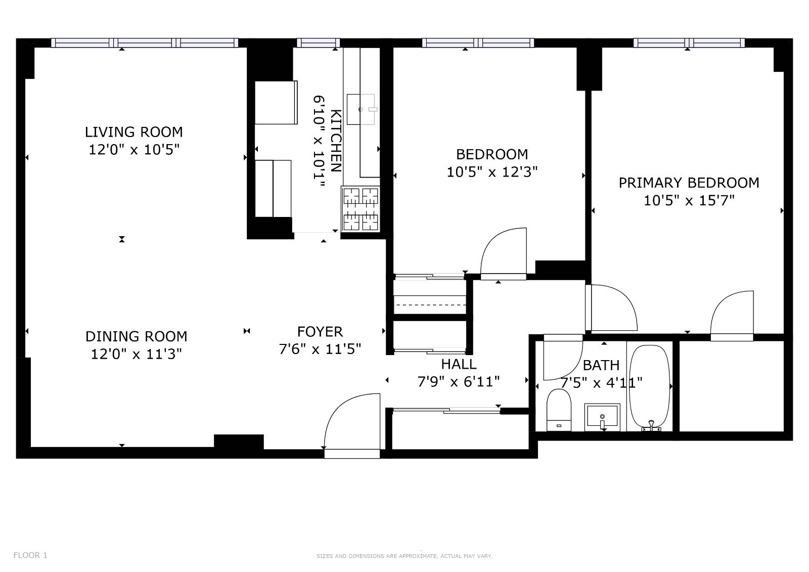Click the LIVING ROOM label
click(133, 132)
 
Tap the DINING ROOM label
click(136, 337)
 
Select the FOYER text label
click(320, 332)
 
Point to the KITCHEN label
click(336, 141)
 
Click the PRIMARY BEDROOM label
click(689, 183)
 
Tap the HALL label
click(459, 364)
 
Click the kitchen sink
click(361, 109)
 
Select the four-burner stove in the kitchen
click(361, 209)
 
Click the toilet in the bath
click(559, 410)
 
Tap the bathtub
click(649, 388)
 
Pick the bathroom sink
click(602, 417)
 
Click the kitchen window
click(318, 43)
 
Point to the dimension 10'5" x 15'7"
click(689, 201)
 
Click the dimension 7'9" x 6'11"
click(458, 382)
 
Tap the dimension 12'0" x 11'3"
click(136, 354)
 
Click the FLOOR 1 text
click(30, 555)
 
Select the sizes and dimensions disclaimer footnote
click(404, 556)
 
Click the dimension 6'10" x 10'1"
click(319, 141)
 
